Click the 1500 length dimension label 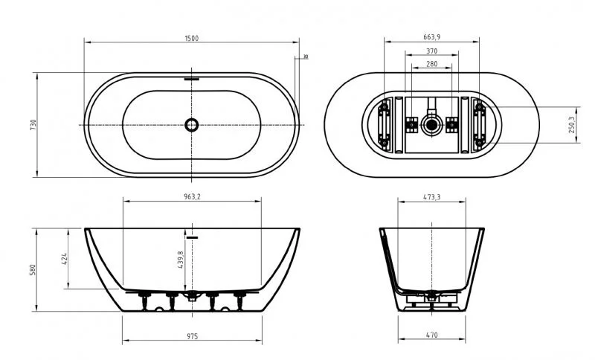click(193, 38)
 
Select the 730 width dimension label click(33, 124)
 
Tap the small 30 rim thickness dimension click(305, 57)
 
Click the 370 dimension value click(431, 51)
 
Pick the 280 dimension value click(431, 65)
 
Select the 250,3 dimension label click(570, 124)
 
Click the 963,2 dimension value click(193, 197)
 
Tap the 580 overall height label click(33, 269)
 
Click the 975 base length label click(193, 336)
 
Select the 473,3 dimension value click(431, 197)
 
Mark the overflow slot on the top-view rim click(193, 77)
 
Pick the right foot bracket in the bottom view click(479, 124)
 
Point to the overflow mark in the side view click(193, 237)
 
